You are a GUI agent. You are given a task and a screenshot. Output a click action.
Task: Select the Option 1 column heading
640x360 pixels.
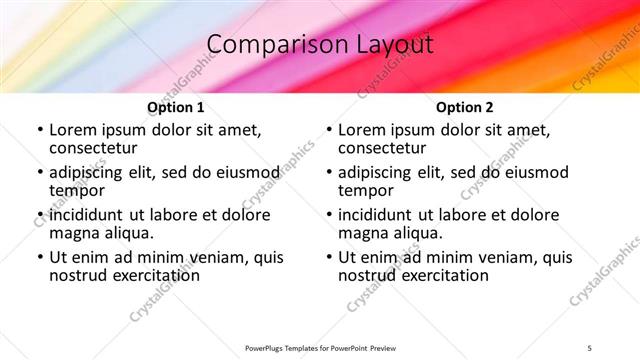pyautogui.click(x=176, y=108)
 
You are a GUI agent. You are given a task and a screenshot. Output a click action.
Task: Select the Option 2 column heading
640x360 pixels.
pyautogui.click(x=465, y=108)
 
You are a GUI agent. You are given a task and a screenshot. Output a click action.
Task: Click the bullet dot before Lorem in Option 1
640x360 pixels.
pyautogui.click(x=39, y=131)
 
